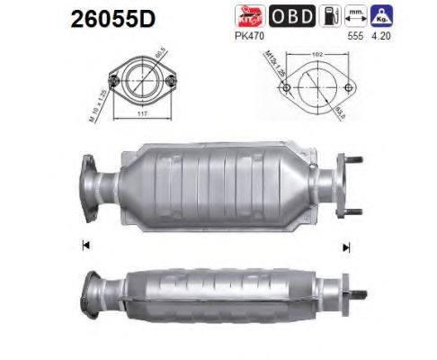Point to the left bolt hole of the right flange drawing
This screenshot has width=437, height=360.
click(x=285, y=91)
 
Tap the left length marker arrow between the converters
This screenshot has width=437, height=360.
click(x=85, y=243)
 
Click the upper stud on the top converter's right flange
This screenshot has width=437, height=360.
click(x=356, y=165)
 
